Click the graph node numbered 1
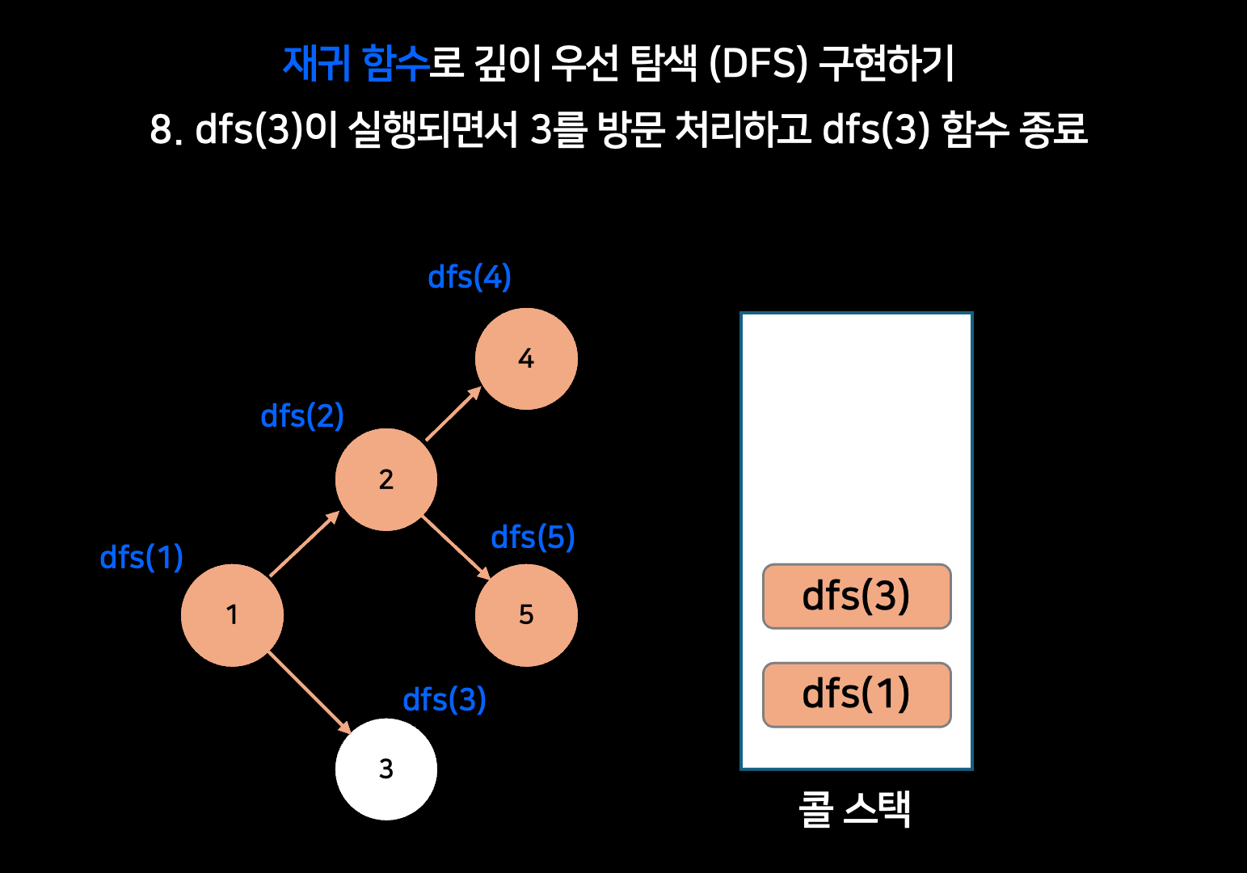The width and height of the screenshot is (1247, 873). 232,615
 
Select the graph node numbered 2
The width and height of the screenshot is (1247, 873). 386,479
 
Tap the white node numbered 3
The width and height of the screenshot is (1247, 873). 386,769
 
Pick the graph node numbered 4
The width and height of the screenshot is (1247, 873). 526,358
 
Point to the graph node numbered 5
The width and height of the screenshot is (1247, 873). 526,615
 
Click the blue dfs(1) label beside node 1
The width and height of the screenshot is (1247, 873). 141,558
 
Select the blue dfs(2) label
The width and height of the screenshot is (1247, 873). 302,416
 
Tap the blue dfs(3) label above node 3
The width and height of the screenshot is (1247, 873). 444,700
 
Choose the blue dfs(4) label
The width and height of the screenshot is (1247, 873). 470,277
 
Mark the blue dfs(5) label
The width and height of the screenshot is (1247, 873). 533,538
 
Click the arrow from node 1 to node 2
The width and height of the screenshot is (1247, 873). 304,544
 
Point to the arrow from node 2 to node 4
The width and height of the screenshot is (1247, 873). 453,414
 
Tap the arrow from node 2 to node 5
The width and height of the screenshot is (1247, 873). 456,547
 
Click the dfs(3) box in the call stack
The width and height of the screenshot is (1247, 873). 857,597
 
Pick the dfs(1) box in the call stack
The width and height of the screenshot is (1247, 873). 857,694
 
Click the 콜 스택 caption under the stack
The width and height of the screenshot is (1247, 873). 855,808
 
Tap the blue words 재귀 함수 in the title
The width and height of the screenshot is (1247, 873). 356,63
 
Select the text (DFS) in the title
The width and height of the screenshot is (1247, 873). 758,63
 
